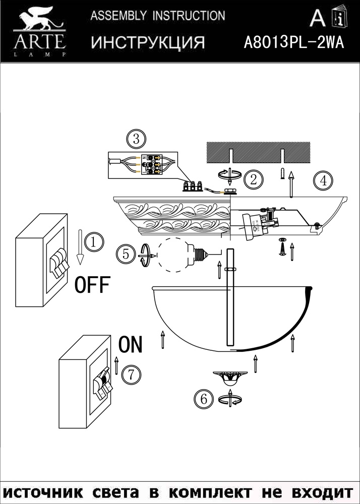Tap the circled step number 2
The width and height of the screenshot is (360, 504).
[x=254, y=178]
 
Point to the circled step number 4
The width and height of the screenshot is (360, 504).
[x=322, y=180]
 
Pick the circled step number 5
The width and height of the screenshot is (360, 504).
[x=125, y=254]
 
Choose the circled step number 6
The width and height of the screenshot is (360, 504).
[x=204, y=399]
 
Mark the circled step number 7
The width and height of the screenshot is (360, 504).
[x=130, y=374]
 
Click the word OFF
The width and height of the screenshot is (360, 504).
[x=92, y=285]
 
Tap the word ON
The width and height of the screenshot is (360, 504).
[x=130, y=345]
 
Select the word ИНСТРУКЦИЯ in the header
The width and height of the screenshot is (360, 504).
[x=148, y=43]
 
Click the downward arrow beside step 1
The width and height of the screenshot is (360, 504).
[x=80, y=247]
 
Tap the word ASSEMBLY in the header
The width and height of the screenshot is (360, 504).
[x=113, y=16]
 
